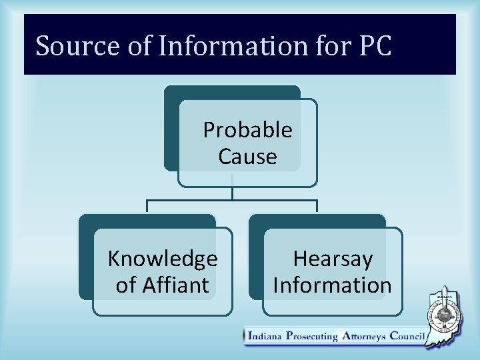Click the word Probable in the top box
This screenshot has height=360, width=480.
click(x=247, y=130)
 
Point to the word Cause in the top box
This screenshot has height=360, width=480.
click(x=247, y=157)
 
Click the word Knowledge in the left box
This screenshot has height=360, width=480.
click(x=163, y=258)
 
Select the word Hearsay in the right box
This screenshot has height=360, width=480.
click(x=333, y=258)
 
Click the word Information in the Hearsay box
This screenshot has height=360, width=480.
click(x=333, y=285)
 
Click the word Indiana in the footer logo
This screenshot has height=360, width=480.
click(x=264, y=336)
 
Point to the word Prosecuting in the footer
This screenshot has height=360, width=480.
click(x=311, y=336)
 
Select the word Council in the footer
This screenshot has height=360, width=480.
click(x=405, y=336)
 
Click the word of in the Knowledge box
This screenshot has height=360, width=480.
click(x=125, y=285)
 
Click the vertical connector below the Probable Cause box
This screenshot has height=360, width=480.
click(x=232, y=192)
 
